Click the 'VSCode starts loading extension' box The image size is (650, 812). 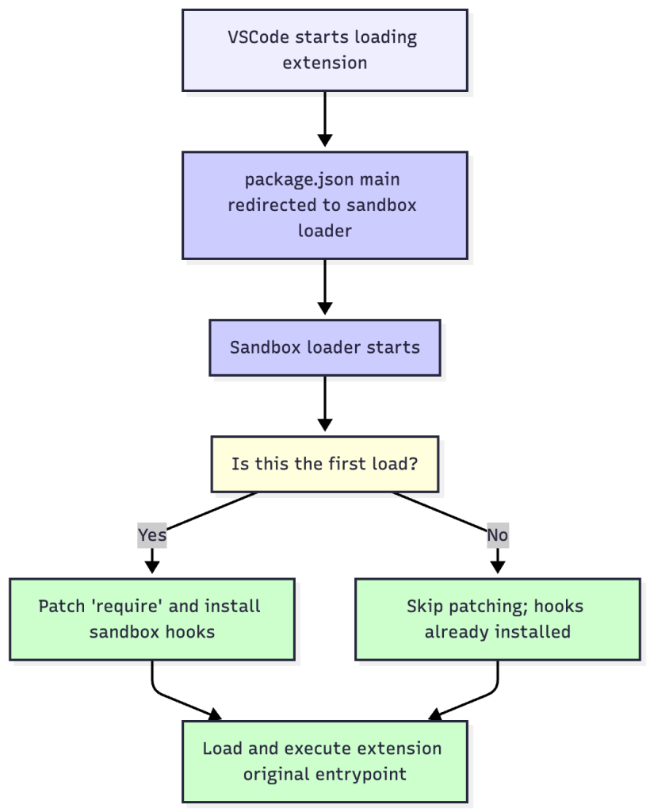click(325, 50)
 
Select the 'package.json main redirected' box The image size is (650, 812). click(325, 205)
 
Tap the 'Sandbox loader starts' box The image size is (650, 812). click(325, 347)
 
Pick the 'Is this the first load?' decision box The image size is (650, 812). click(325, 464)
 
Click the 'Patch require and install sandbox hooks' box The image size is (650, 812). click(152, 619)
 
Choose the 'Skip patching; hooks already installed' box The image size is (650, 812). click(497, 619)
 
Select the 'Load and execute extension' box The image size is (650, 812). click(325, 761)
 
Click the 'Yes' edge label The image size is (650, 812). click(152, 535)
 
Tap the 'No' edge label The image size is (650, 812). click(497, 535)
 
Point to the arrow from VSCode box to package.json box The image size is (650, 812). click(324, 119)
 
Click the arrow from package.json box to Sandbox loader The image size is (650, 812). click(324, 287)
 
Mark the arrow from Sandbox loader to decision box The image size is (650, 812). click(324, 404)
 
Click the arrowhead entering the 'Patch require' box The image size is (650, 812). click(152, 567)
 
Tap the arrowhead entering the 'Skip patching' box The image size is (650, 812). click(497, 567)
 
